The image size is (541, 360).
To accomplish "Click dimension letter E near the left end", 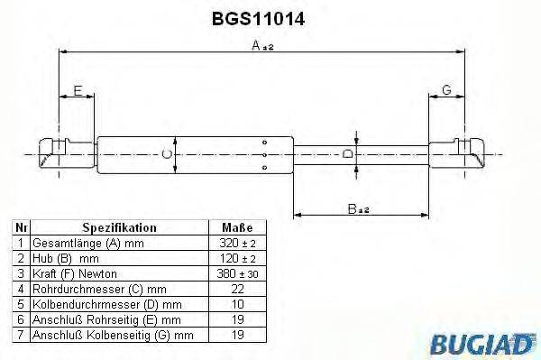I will pos(78,90).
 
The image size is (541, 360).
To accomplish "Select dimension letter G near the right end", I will pos(446,90).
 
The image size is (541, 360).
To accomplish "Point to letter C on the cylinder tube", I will pos(166,155).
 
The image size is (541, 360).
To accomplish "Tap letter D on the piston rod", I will pos(348,155).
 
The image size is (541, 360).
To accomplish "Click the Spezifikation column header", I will pos(120,229).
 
